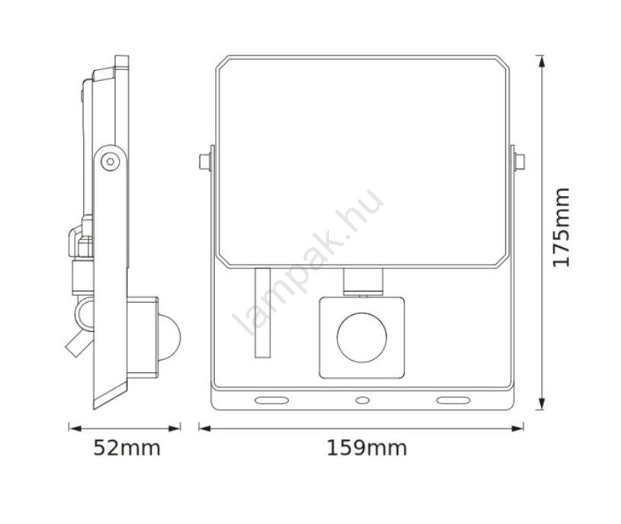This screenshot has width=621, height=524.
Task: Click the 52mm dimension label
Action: (x=126, y=448)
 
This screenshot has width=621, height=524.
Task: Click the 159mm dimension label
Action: (x=367, y=448)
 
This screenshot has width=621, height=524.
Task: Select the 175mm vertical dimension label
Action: (x=562, y=227)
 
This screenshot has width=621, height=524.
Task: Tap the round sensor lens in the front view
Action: (x=362, y=337)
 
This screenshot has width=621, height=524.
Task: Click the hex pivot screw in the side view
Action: (x=110, y=162)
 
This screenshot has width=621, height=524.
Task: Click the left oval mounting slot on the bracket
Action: (x=272, y=400)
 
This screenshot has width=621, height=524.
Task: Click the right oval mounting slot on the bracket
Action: (x=453, y=400)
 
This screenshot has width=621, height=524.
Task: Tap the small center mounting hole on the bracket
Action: (x=363, y=400)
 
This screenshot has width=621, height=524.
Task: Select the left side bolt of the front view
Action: (x=206, y=162)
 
